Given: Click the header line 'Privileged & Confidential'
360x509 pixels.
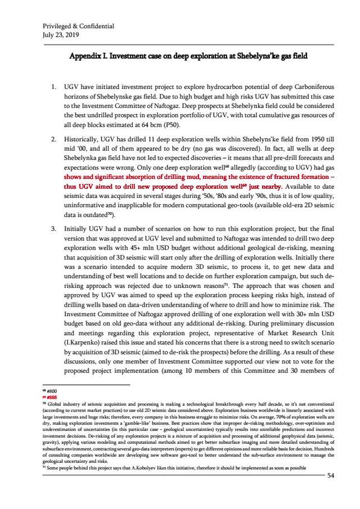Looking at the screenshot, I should point(78,26).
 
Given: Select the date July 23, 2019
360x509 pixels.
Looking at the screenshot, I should point(61,34).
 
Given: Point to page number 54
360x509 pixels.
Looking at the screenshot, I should point(331,476).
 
